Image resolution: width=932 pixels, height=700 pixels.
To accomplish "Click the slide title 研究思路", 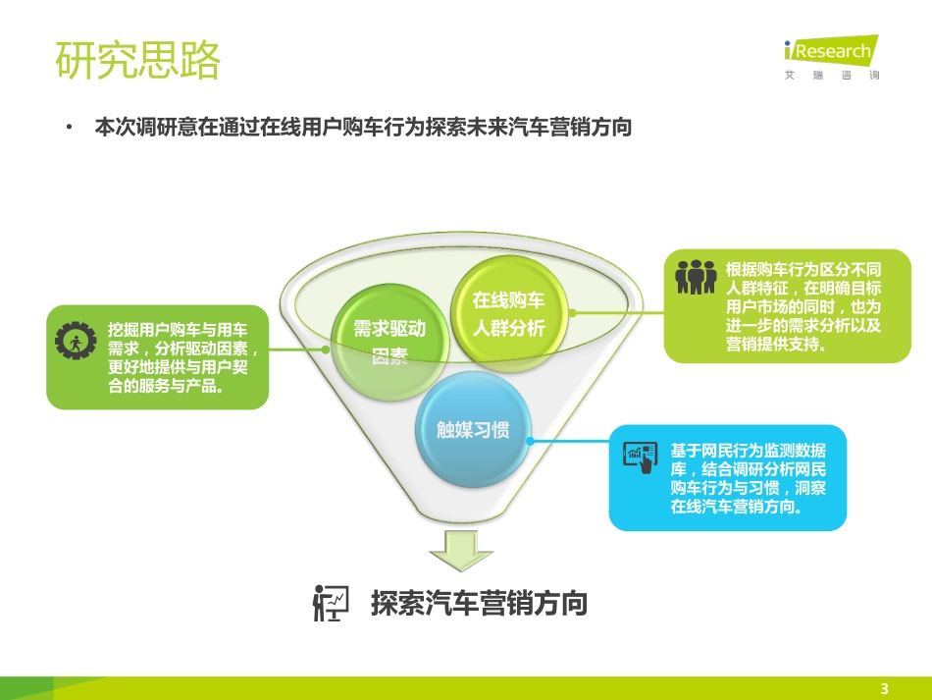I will pyautogui.click(x=138, y=61).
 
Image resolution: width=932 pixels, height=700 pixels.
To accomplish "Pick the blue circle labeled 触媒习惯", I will pyautogui.click(x=473, y=429).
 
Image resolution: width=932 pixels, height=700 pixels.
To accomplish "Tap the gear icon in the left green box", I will pyautogui.click(x=74, y=341).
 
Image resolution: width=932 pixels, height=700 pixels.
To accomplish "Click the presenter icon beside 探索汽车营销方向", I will pyautogui.click(x=330, y=602).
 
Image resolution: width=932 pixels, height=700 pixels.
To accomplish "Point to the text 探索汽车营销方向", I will pyautogui.click(x=479, y=603).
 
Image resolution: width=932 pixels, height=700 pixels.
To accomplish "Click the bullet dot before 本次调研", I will pyautogui.click(x=69, y=128).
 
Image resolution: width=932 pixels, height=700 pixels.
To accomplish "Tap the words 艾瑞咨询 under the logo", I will pyautogui.click(x=832, y=76).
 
